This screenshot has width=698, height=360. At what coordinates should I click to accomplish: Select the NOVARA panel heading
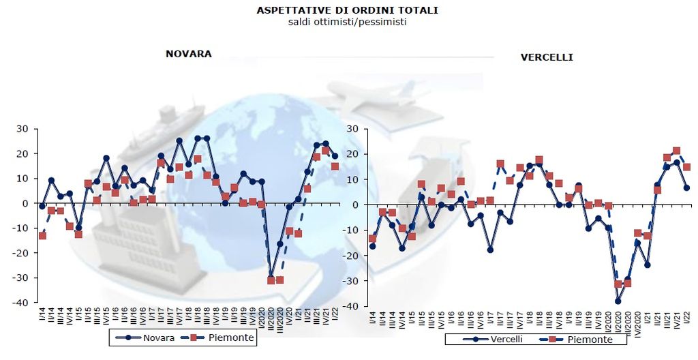[188, 53]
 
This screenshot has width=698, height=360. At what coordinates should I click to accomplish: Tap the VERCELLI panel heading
[547, 57]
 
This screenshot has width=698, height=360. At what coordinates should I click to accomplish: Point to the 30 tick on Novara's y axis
[22, 129]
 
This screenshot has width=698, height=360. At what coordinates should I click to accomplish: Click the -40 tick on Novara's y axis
[20, 303]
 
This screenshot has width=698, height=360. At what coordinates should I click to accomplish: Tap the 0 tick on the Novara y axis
[25, 203]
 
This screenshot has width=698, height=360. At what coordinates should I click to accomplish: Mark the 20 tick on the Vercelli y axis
[354, 155]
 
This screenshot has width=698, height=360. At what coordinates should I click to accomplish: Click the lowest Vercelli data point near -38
[618, 301]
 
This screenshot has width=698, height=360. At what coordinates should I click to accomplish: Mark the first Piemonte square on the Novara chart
[42, 235]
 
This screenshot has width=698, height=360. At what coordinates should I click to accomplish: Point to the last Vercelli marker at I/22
[686, 187]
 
